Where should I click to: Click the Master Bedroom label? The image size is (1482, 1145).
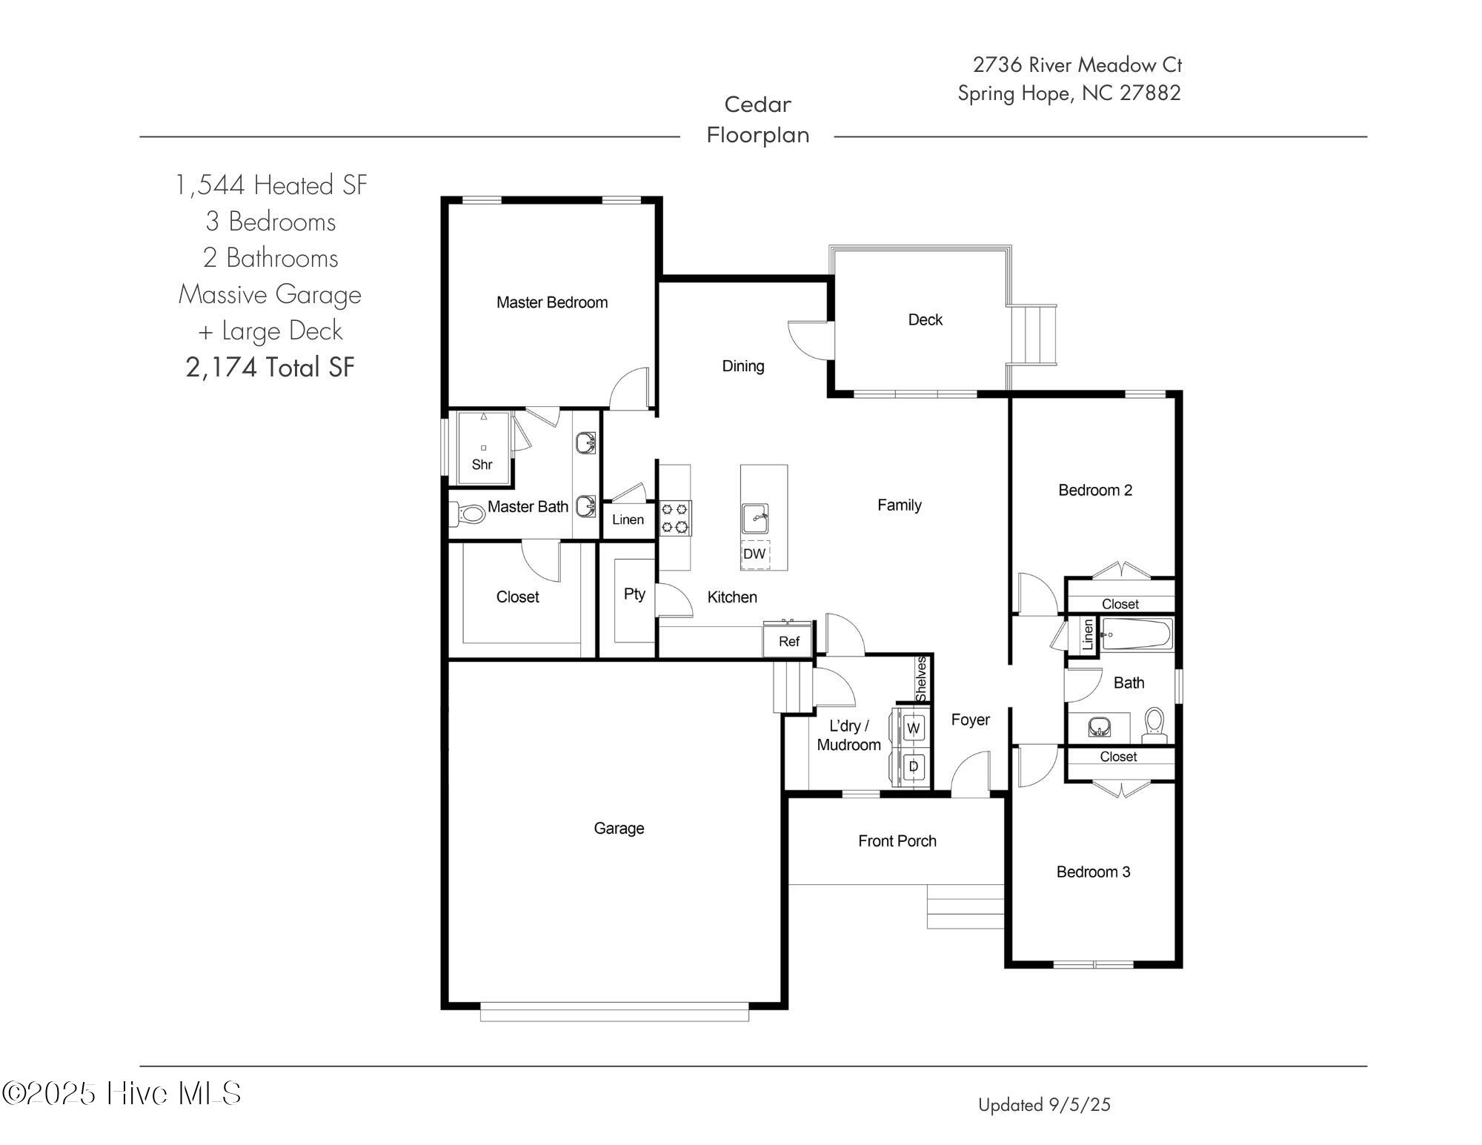coord(552,302)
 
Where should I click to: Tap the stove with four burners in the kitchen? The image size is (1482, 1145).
coord(675,518)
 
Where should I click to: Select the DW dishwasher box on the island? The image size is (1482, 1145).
coord(754,554)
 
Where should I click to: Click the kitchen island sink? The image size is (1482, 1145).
coord(755,518)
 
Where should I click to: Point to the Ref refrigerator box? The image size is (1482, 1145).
coord(788,642)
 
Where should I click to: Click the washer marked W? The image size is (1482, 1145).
coord(913,729)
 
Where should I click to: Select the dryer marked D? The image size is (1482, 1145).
coord(913,767)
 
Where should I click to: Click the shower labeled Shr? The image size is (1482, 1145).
coord(483,448)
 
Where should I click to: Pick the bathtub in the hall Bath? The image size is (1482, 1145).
coord(1135,635)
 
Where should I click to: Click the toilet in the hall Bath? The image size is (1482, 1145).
coord(1154,724)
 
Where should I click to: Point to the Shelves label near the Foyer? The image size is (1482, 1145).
coord(922,679)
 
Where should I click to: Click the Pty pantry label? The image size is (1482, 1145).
coord(634,594)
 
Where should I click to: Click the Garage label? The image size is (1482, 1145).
coord(619,829)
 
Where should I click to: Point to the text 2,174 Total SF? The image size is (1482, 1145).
coord(270,368)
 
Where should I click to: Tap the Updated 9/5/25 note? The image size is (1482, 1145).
coord(1044,1105)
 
